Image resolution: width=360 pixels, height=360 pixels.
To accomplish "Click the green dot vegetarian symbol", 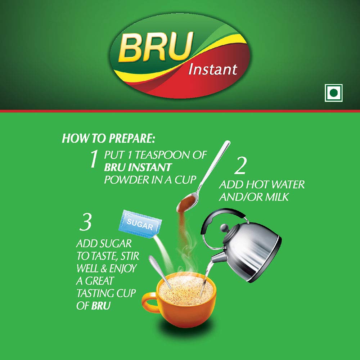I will tap(333, 93).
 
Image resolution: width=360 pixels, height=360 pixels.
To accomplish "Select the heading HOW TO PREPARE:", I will tap(110, 139).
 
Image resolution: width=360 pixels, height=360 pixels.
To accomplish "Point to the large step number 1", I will tap(94, 159).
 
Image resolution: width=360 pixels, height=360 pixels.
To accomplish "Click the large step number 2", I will tap(241, 167).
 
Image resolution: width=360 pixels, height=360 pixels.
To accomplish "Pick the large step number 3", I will tap(86, 223).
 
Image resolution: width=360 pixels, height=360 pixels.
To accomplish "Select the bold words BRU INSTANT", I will tap(138, 167).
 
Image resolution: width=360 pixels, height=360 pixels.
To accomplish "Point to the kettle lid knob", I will tap(224, 228).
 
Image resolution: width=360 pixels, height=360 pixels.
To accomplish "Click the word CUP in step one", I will tap(186, 180).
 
